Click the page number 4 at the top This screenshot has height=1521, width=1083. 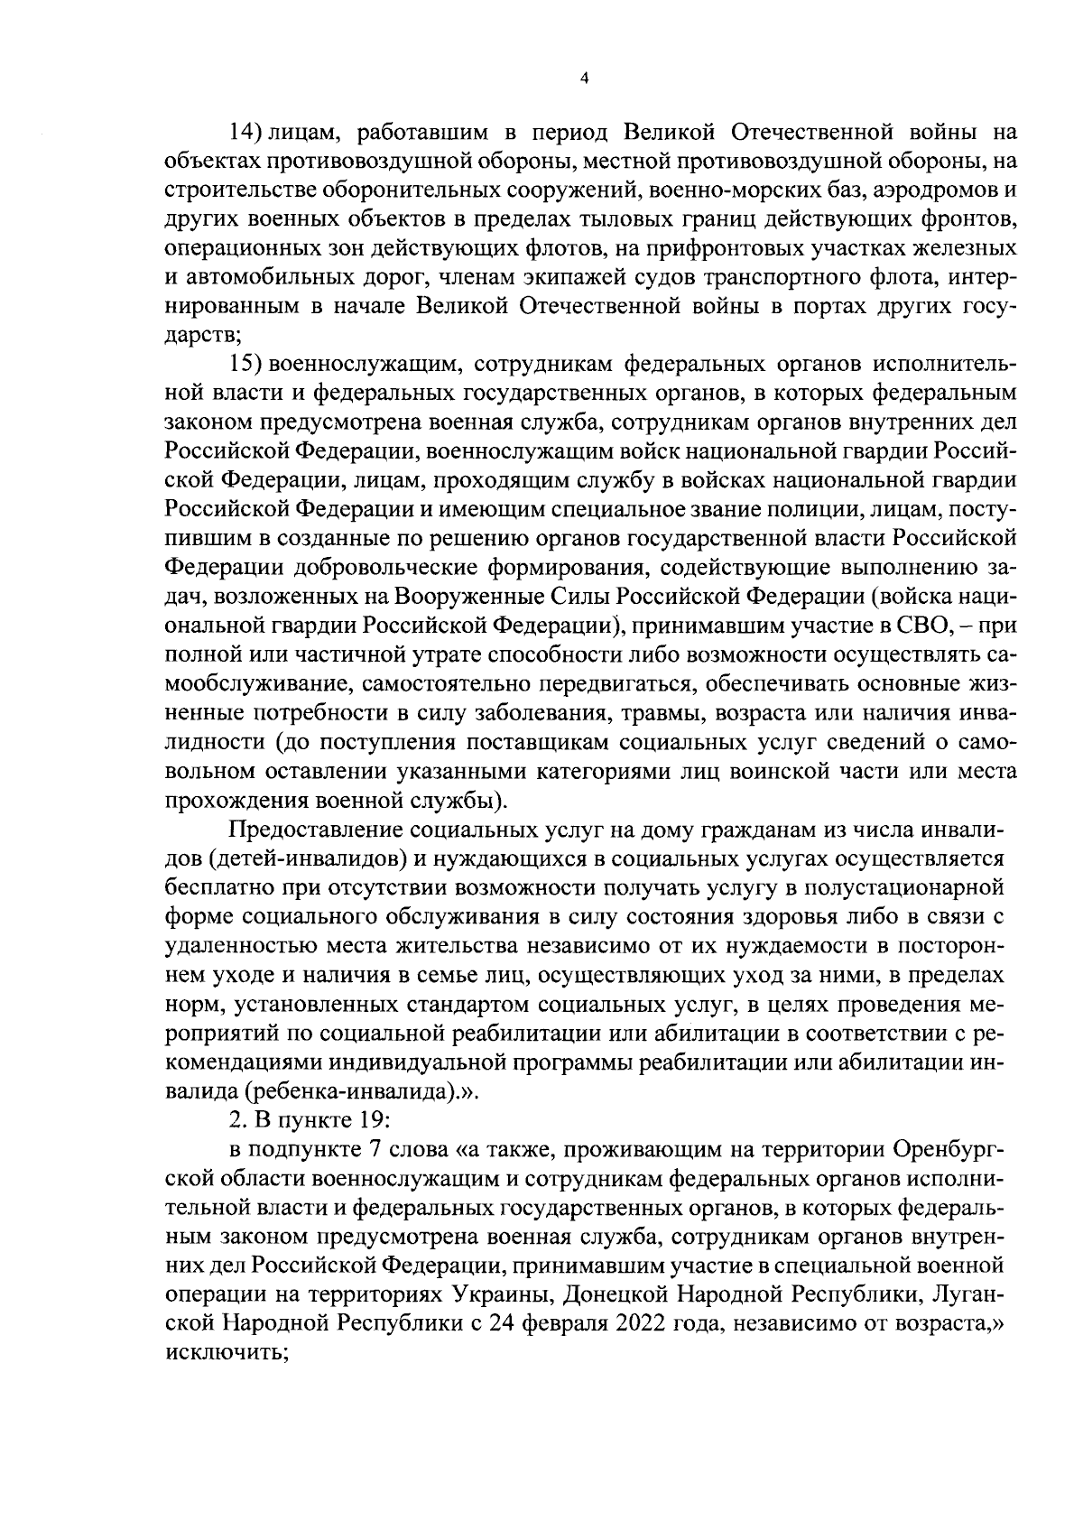584,79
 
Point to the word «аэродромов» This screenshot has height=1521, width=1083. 938,191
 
